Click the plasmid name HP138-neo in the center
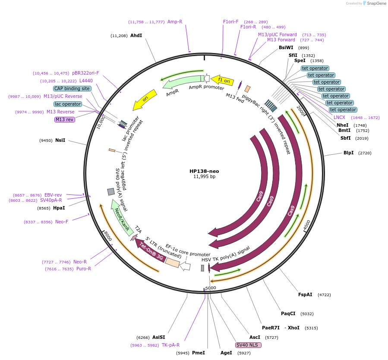[204, 171]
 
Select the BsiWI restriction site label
[286, 47]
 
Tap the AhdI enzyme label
[136, 36]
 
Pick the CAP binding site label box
[72, 88]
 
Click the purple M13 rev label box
[64, 119]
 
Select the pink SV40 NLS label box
[248, 345]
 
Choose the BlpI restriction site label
[348, 153]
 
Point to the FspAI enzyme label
[305, 294]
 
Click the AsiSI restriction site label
[158, 337]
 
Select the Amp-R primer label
[175, 22]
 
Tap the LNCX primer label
[339, 117]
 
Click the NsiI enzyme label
[60, 140]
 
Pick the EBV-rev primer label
[53, 195]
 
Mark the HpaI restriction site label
[59, 208]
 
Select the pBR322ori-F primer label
[85, 73]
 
